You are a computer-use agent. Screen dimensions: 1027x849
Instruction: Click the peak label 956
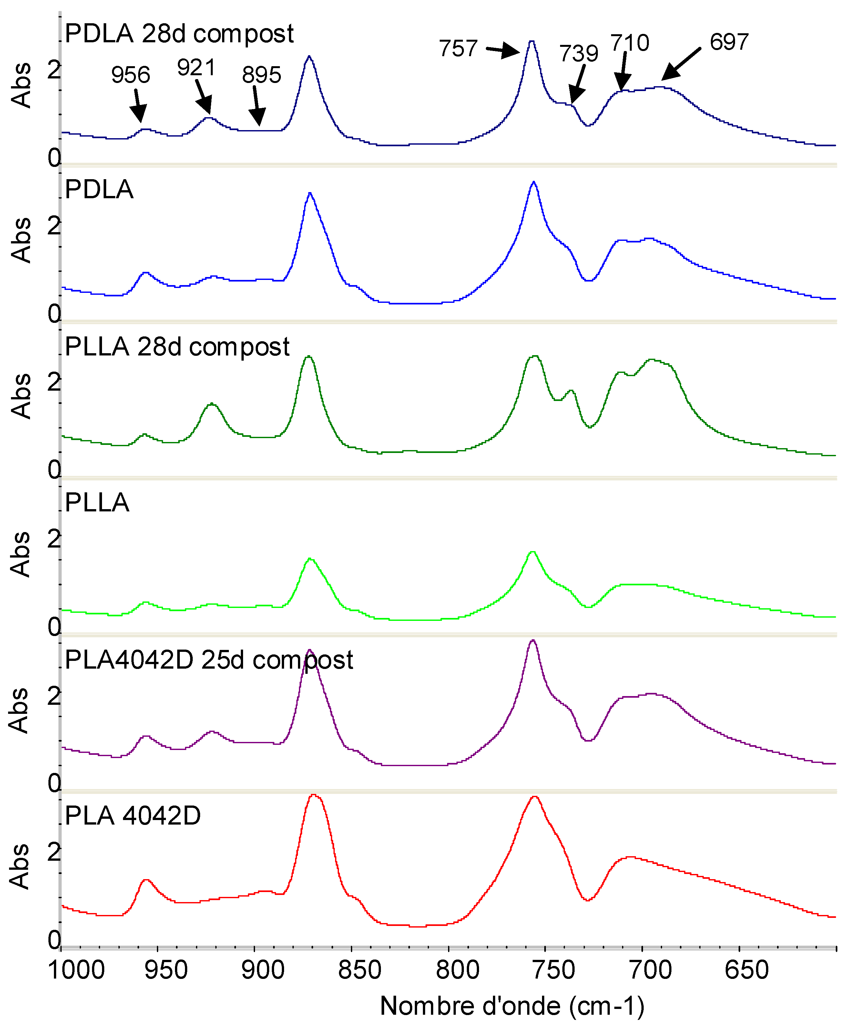point(130,75)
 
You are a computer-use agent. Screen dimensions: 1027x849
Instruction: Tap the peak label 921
point(196,67)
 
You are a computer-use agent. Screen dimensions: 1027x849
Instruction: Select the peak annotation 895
point(262,75)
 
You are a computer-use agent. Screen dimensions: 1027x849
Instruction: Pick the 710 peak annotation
point(630,43)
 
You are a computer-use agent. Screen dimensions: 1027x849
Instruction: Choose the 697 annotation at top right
point(729,42)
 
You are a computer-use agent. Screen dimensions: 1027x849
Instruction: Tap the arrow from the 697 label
point(681,64)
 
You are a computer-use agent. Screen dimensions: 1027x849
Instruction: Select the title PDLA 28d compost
point(179,34)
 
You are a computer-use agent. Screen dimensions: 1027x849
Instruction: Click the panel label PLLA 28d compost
point(177,347)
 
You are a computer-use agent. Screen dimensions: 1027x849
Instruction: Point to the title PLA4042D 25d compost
point(209,660)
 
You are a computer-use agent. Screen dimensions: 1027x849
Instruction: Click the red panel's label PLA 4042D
point(133,815)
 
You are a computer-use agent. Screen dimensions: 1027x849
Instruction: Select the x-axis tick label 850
point(360,970)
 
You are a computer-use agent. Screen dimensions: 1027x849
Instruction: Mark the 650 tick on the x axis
point(746,970)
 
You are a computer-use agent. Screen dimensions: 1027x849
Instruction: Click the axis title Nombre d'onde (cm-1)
point(512,1006)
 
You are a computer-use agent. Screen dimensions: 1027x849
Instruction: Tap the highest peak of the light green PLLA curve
point(533,553)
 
